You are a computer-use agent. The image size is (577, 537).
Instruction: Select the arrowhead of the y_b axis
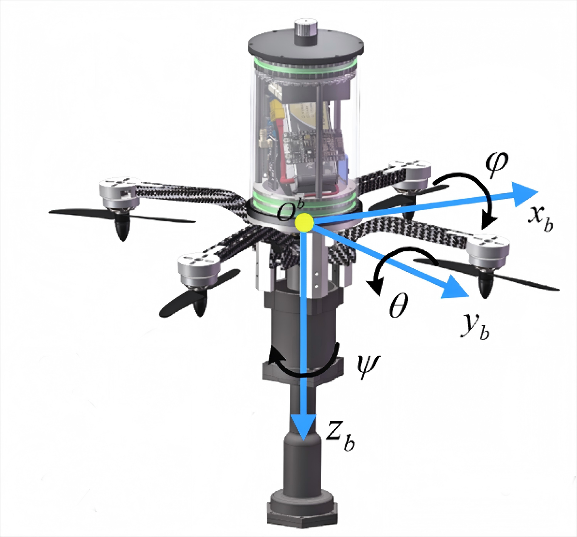454,289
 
